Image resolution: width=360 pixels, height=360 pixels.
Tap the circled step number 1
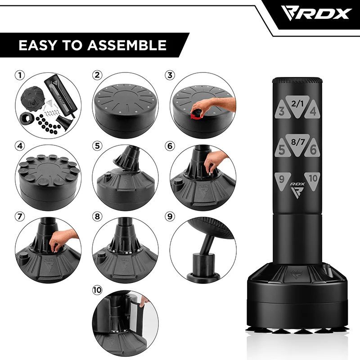[18, 75]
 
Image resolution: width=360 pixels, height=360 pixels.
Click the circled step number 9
[170, 216]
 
